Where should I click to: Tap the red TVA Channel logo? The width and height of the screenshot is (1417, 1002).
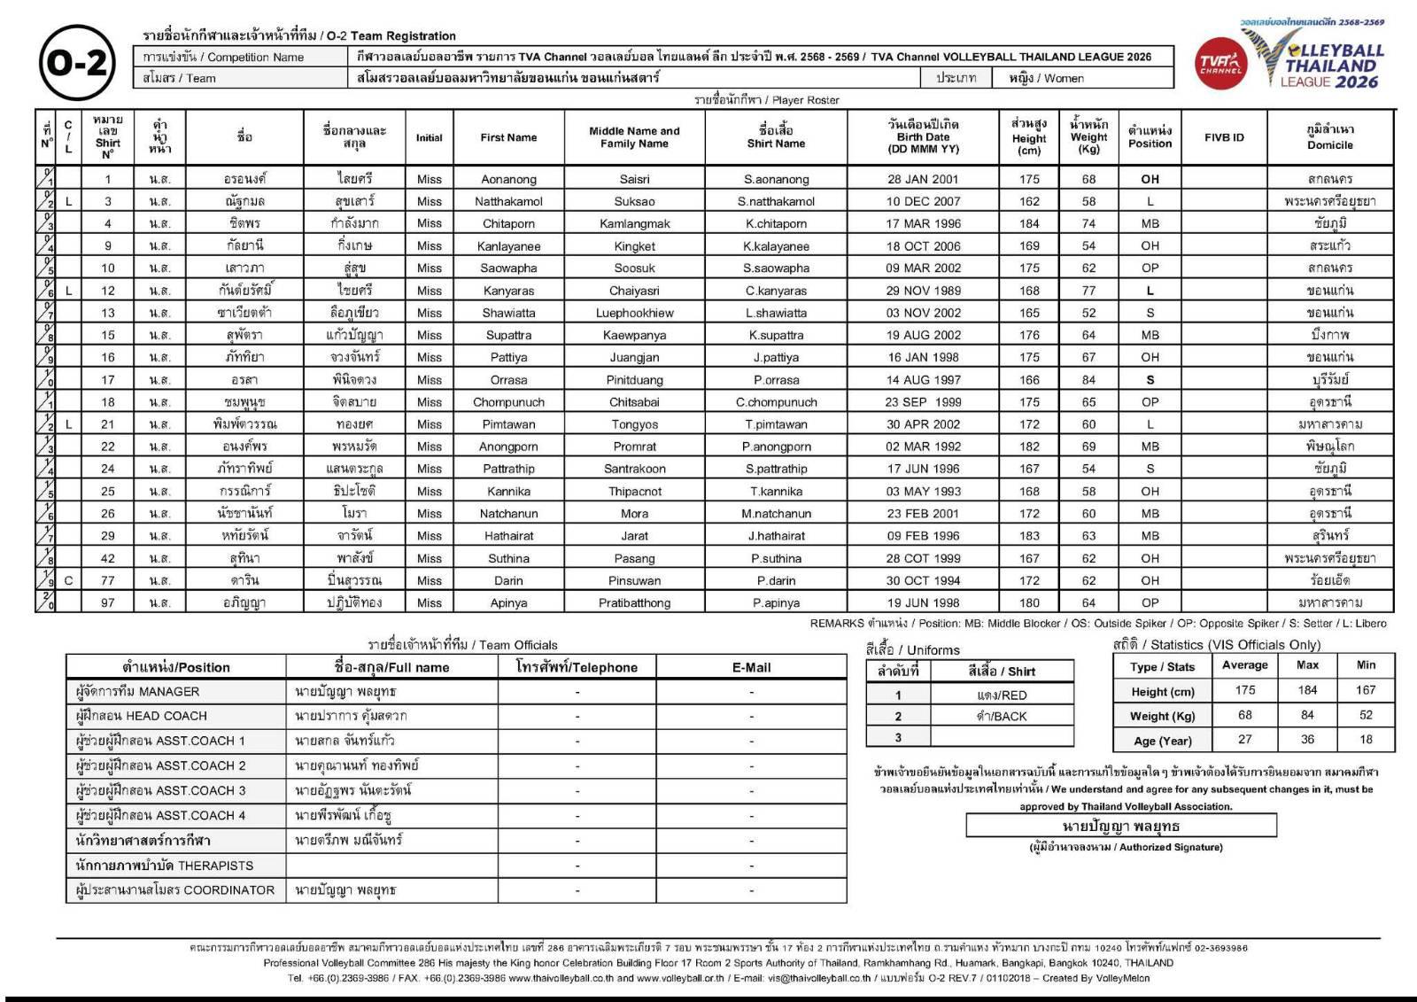coord(1221,64)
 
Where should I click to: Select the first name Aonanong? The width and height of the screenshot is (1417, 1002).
coord(508,179)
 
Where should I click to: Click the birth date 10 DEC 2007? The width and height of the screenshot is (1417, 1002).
coord(923,201)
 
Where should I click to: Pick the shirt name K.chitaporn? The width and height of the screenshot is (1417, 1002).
coord(776,223)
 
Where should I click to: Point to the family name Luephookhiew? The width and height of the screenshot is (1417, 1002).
coord(634,313)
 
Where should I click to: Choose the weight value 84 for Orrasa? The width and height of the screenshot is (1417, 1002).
coord(1088,380)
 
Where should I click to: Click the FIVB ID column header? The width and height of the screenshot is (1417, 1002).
coord(1223,137)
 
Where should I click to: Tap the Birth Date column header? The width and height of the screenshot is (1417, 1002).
coord(923,136)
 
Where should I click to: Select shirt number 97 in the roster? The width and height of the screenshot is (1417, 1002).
coord(108,602)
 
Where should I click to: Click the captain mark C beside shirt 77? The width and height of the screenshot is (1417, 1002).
coord(68,580)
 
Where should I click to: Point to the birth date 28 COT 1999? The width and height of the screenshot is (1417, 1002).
coord(923,558)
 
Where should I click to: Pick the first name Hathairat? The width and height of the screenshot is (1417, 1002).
coord(508,536)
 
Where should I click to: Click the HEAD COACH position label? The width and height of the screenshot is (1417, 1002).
coord(142,716)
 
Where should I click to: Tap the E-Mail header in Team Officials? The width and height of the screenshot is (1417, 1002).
coord(751,667)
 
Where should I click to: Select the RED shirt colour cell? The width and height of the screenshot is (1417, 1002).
coord(1002,695)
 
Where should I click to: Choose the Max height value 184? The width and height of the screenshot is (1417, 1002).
coord(1307,690)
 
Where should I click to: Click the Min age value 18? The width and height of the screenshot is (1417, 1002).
coord(1366,739)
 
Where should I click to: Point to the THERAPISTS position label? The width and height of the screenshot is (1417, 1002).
coord(165,865)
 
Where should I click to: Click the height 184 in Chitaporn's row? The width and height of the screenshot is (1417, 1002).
coord(1029,223)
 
